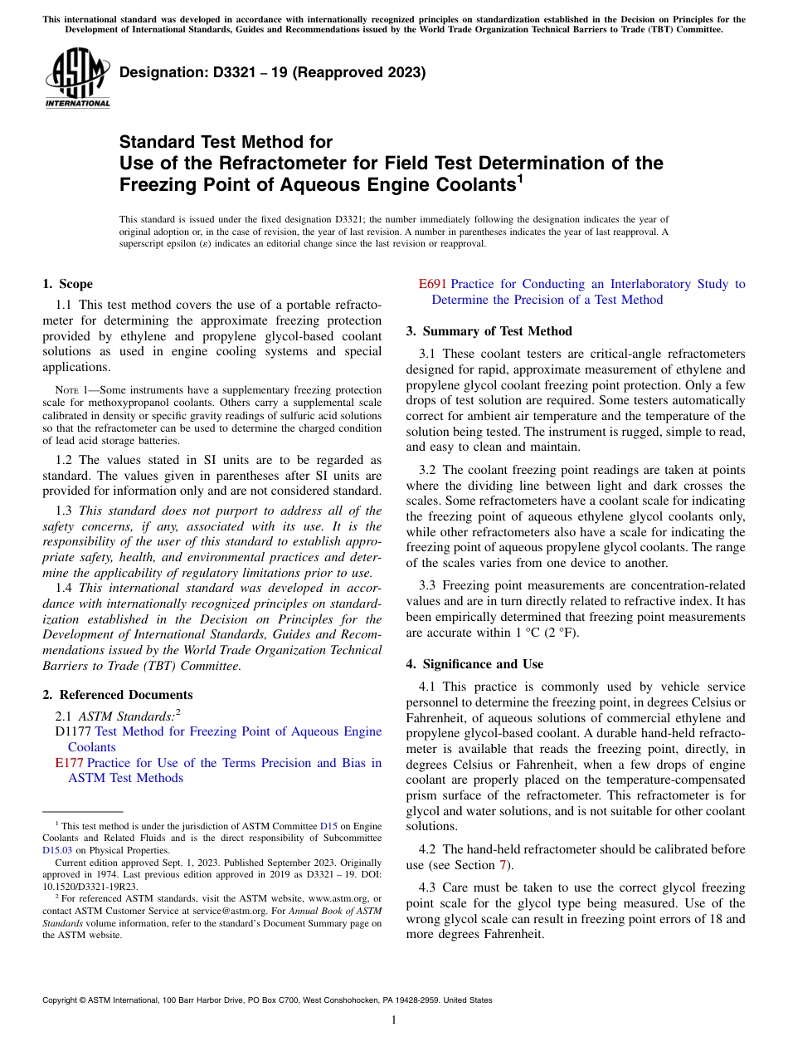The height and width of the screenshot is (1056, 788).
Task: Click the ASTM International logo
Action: pyautogui.click(x=76, y=78)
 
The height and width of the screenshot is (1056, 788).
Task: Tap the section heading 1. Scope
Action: pyautogui.click(x=67, y=284)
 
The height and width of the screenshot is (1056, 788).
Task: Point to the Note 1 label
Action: pyautogui.click(x=70, y=390)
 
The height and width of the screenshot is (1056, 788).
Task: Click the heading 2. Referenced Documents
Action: pyautogui.click(x=117, y=695)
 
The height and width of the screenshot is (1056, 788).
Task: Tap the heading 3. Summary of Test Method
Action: pyautogui.click(x=489, y=331)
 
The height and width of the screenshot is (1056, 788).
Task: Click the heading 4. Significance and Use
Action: pyautogui.click(x=474, y=664)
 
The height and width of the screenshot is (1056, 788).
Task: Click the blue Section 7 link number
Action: pyautogui.click(x=502, y=865)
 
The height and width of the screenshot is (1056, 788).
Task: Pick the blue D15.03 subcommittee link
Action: pyautogui.click(x=57, y=850)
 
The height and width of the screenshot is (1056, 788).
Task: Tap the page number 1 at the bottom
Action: pyautogui.click(x=394, y=1019)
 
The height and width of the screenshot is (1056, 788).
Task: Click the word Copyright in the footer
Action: pyautogui.click(x=63, y=1000)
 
